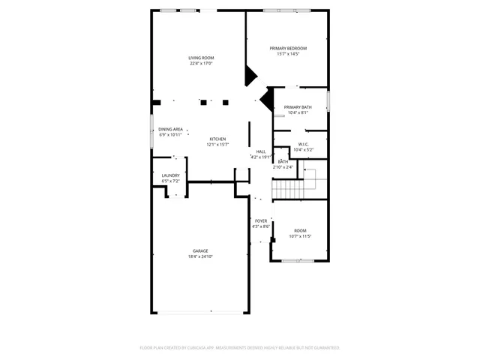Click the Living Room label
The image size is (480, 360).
coord(201,58)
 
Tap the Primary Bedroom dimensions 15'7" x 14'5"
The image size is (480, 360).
coord(288,54)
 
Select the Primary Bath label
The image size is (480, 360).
coord(298,107)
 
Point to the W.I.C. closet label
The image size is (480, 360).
coord(304,144)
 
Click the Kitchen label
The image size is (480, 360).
coord(217,139)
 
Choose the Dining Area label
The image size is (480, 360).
coord(170,129)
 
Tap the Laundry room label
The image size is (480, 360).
coord(170,175)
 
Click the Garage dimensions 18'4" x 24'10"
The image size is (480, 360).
coord(200,257)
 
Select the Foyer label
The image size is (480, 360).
coord(261,220)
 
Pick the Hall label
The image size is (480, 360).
coord(261,151)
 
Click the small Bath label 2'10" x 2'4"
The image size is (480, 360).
coord(283,161)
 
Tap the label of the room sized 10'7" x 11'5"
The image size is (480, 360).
coord(300,230)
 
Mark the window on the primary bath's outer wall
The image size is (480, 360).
coord(328,100)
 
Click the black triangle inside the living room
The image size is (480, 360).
coord(250,75)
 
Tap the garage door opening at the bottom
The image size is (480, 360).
coord(200,312)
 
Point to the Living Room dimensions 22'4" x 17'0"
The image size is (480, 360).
coord(201,64)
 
